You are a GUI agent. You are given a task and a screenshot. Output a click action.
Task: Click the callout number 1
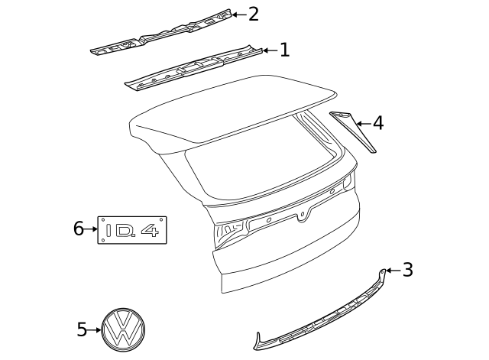click(x=284, y=50)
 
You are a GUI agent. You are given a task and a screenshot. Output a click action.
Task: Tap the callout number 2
click(x=253, y=14)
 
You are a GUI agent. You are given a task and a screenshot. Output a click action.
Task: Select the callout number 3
click(x=407, y=270)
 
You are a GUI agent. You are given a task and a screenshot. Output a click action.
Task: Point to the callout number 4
click(x=377, y=123)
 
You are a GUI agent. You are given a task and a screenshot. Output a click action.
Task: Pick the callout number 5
click(x=83, y=330)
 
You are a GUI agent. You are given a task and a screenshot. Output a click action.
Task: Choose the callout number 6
click(x=78, y=229)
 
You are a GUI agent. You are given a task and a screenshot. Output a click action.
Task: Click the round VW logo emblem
click(x=125, y=330)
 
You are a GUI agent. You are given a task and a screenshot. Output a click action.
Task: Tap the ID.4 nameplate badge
click(x=132, y=229)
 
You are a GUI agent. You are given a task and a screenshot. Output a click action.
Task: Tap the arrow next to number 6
click(x=91, y=229)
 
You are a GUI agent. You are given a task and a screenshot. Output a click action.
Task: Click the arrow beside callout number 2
click(x=238, y=14)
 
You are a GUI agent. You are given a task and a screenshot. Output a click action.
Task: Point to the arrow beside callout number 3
click(x=393, y=270)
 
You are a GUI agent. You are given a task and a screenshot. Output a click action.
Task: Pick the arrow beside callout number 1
click(x=269, y=50)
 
